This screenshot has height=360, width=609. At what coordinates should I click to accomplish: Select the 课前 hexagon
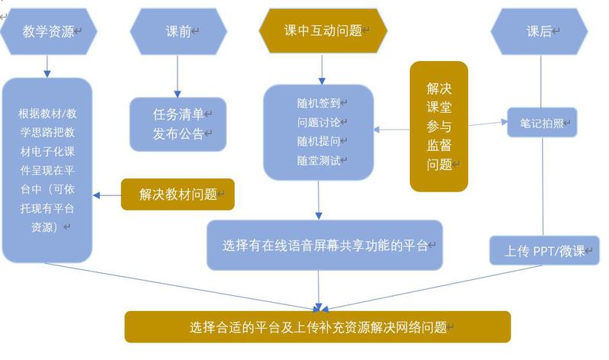(178, 31)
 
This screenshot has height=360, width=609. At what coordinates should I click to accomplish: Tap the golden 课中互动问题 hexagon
(323, 31)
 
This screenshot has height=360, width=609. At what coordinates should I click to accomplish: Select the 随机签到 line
(319, 102)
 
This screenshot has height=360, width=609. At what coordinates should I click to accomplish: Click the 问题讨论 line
(319, 122)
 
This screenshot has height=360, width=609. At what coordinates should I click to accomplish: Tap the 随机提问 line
(319, 141)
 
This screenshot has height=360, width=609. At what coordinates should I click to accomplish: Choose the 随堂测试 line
(319, 161)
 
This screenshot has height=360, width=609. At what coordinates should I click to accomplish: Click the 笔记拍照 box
(542, 121)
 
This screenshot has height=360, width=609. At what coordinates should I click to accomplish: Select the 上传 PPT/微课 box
(544, 250)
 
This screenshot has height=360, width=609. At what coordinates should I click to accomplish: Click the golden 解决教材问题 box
(178, 194)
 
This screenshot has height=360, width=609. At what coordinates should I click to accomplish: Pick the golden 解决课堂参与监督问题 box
(438, 126)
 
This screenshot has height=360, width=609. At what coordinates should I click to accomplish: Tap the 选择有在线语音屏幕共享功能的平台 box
(325, 246)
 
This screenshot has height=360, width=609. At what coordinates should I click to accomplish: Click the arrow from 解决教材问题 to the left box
(107, 194)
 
